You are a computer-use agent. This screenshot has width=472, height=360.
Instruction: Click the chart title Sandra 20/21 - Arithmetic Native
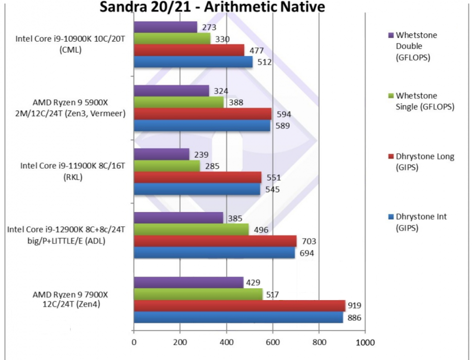212,7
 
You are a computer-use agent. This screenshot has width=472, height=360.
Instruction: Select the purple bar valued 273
165,27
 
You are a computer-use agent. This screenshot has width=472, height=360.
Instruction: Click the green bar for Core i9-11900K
167,165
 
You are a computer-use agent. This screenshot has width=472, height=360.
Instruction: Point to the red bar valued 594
203,114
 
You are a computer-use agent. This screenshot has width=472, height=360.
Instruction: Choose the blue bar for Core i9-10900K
193,62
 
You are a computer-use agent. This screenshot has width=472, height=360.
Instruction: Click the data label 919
355,305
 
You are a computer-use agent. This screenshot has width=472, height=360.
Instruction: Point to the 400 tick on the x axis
226,342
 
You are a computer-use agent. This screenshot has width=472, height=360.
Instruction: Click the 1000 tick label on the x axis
365,342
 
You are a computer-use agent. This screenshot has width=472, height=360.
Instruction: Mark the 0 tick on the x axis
133,342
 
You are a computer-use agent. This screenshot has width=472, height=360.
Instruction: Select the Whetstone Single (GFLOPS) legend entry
425,101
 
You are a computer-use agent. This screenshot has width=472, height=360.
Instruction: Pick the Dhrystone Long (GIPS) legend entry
425,161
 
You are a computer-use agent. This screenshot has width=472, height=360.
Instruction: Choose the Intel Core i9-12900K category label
66,229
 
